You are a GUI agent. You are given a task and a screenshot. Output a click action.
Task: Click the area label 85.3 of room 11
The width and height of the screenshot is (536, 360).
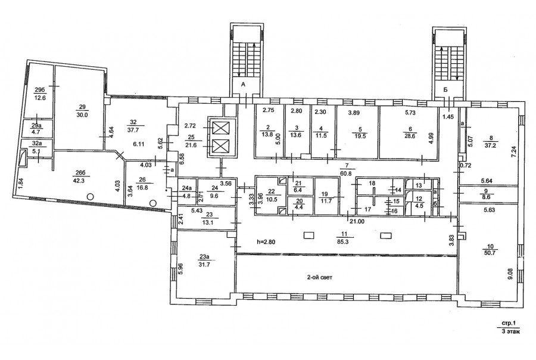(344, 241)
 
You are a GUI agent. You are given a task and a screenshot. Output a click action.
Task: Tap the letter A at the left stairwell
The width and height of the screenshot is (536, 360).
(243, 84)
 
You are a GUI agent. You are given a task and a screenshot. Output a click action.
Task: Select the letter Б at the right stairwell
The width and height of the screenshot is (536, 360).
(445, 89)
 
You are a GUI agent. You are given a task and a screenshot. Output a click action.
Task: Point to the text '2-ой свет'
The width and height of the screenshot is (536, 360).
(319, 278)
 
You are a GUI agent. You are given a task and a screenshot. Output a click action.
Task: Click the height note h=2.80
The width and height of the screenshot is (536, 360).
(266, 241)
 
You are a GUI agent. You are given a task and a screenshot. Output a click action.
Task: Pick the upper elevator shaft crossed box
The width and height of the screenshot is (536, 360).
(218, 128)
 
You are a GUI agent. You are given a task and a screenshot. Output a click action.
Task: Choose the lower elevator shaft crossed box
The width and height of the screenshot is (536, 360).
(218, 146)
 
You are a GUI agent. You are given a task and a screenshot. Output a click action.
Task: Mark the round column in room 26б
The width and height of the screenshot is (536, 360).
(90, 197)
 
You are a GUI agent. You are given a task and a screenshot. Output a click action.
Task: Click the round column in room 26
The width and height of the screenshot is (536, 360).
(153, 203)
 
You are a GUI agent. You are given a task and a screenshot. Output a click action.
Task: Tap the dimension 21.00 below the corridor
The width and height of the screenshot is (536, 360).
(356, 221)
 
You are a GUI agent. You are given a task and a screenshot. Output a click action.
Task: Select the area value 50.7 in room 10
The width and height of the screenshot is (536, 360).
(490, 252)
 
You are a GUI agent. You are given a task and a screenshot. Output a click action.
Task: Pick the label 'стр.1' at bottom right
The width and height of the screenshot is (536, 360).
(508, 322)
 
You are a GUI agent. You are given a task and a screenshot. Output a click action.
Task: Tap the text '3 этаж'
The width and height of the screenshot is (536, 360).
(510, 331)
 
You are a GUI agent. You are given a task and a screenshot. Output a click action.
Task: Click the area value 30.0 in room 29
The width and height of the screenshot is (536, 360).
(82, 115)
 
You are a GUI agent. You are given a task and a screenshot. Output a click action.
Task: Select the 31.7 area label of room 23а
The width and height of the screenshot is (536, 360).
(204, 264)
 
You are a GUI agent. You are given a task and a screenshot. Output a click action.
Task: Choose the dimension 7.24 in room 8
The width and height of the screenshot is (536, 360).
(513, 151)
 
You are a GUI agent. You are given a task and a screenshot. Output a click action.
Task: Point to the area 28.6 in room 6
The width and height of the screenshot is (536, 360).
(410, 136)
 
